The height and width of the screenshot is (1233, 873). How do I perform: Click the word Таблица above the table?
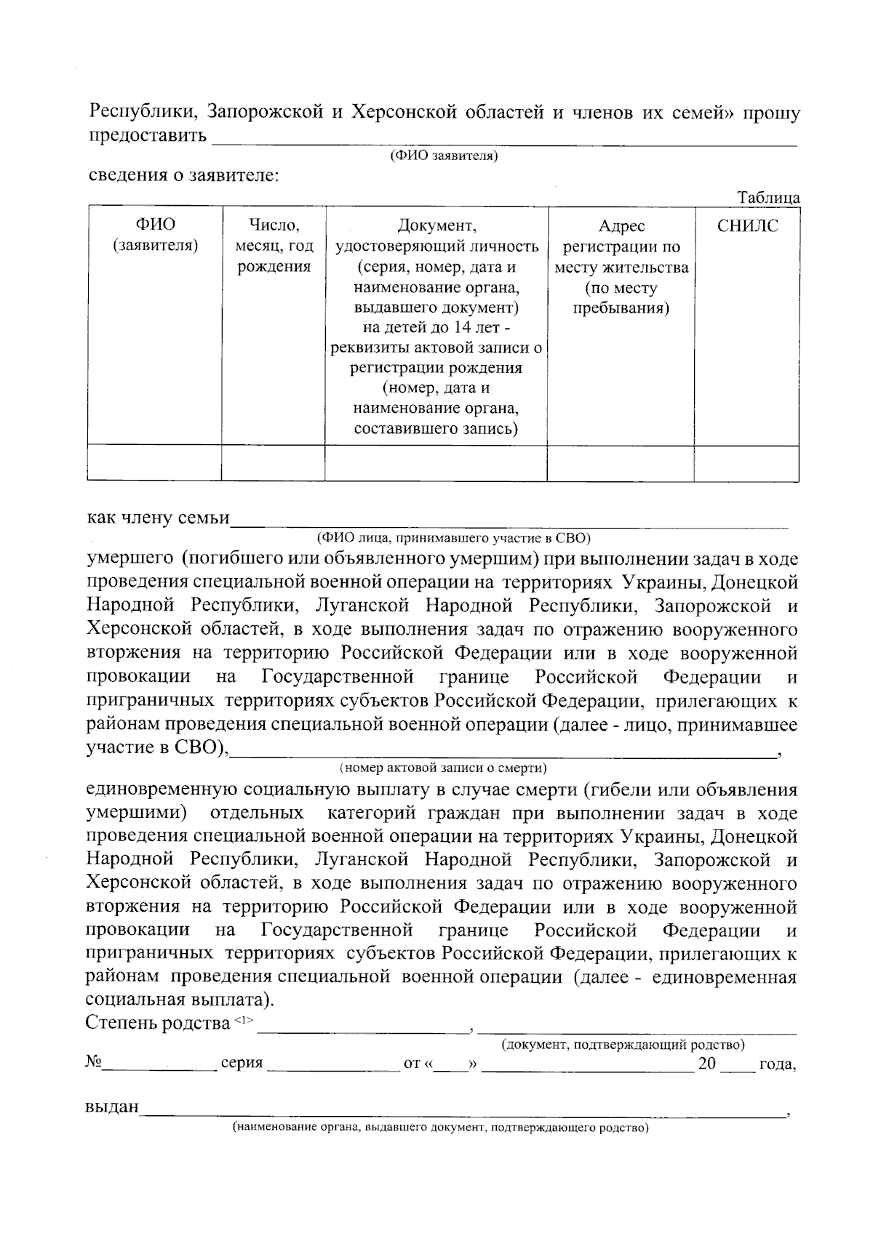click(768, 198)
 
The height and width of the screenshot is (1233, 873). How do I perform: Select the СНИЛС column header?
click(747, 226)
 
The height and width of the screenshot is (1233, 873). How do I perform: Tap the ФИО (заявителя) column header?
click(155, 236)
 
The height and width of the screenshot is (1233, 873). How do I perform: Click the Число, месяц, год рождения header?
click(274, 246)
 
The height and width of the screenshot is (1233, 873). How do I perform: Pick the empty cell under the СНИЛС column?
click(746, 463)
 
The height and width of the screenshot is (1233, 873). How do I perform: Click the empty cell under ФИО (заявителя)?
click(154, 463)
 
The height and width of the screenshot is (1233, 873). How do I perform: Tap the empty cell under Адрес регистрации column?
click(620, 463)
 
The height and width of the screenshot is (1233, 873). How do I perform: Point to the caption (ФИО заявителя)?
click(444, 156)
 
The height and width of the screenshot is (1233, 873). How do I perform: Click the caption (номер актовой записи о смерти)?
click(443, 768)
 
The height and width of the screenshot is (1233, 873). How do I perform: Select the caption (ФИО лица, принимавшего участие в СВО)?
click(453, 539)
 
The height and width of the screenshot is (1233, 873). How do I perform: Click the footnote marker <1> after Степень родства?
click(244, 1021)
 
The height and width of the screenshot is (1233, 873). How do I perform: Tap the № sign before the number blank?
click(93, 1062)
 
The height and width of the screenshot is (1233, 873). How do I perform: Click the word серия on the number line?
click(242, 1064)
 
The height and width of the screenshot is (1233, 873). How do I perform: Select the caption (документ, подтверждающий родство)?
click(622, 1045)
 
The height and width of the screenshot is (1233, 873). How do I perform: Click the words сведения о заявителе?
click(183, 175)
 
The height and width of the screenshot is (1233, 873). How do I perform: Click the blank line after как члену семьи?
click(509, 521)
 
